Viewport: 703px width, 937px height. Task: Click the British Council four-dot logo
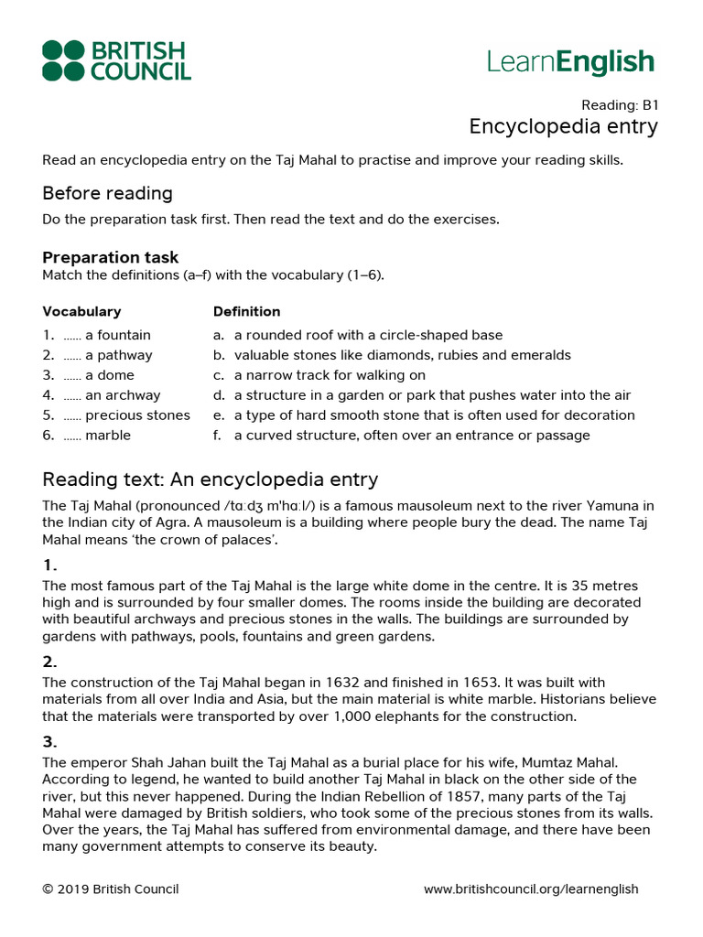(62, 60)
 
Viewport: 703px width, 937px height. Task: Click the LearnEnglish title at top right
(570, 62)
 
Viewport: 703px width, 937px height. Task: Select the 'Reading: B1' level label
(620, 105)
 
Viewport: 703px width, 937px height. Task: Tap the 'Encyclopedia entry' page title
(563, 126)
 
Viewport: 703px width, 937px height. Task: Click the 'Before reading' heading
(107, 193)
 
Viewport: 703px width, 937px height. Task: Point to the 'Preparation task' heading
(110, 257)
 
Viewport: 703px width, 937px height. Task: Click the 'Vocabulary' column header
(81, 311)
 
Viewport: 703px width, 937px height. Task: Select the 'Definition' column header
(246, 311)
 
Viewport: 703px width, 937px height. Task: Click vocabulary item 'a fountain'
(117, 335)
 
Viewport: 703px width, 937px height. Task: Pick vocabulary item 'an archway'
(122, 395)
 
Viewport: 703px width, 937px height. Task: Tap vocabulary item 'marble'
(107, 436)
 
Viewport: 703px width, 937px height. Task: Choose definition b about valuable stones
(402, 355)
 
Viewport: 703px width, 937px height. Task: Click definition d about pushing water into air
(432, 395)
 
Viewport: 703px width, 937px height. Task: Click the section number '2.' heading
(49, 662)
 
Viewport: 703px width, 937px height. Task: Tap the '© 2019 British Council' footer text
(110, 889)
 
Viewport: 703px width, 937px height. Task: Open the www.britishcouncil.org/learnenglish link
(531, 889)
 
